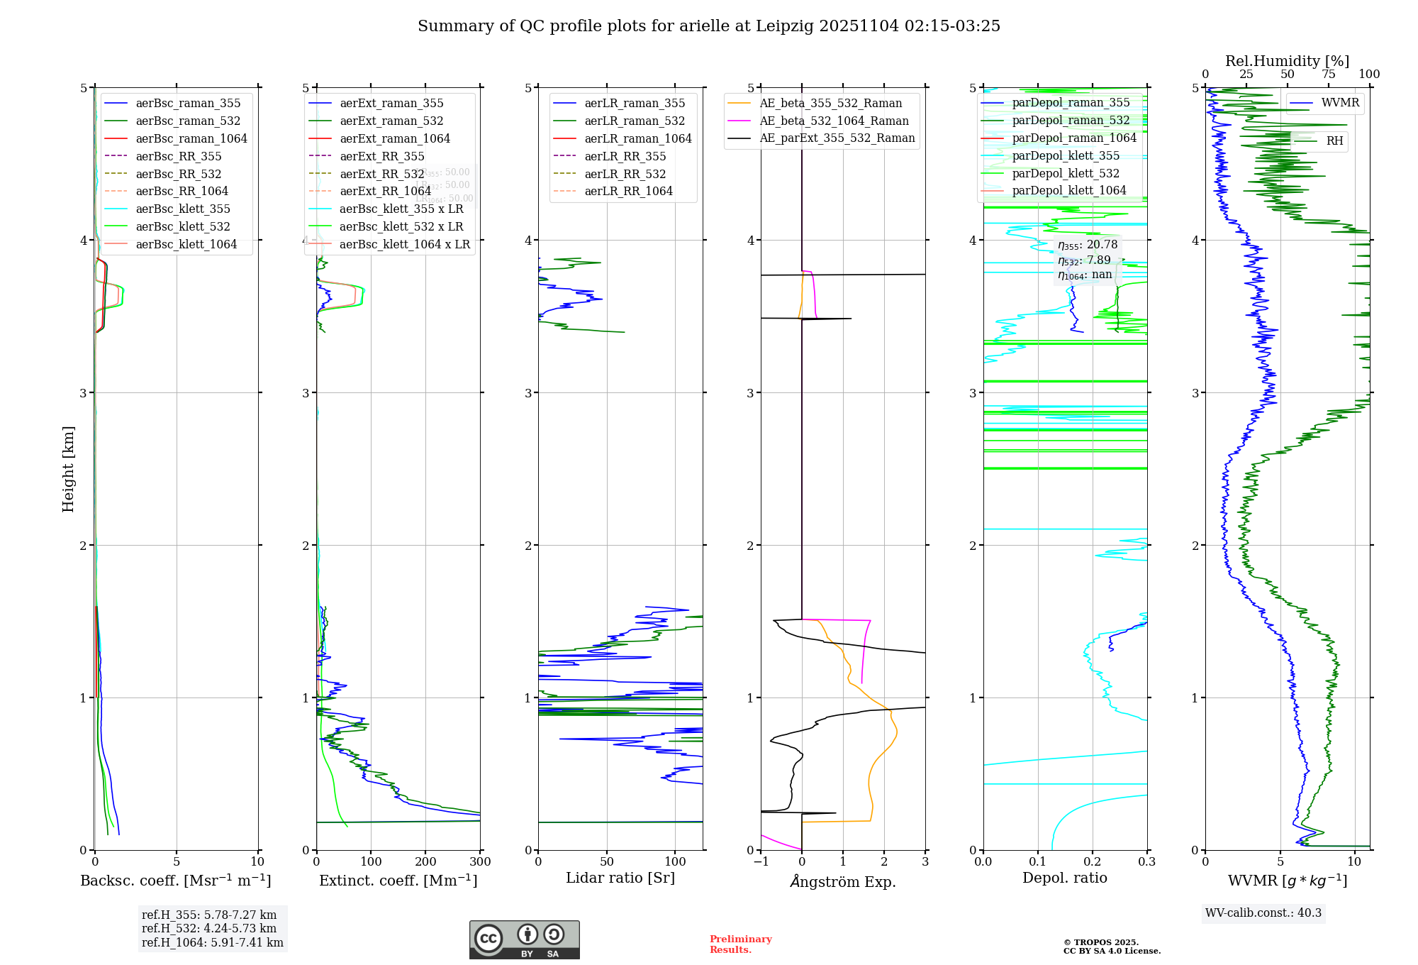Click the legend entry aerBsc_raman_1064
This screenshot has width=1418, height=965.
[x=191, y=138]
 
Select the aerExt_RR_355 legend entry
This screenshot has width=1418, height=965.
[x=381, y=156]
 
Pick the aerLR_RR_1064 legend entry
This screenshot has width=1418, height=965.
[x=628, y=191]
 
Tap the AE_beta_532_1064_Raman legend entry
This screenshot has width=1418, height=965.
[x=834, y=121]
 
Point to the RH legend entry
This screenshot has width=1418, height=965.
[x=1334, y=141]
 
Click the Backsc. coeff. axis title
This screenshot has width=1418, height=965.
[x=176, y=881]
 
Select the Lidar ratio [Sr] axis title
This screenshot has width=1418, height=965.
[x=620, y=878]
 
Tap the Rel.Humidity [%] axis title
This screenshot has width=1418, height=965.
[x=1287, y=61]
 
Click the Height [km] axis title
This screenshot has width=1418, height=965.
[x=68, y=469]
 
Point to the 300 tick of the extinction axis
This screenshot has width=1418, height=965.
[x=480, y=862]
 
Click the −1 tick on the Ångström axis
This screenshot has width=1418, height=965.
[x=761, y=862]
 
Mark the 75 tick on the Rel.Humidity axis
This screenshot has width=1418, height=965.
[x=1328, y=75]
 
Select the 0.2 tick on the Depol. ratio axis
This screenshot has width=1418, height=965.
[x=1093, y=862]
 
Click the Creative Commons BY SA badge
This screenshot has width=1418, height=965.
[x=524, y=940]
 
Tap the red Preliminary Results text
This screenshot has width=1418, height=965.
[x=740, y=944]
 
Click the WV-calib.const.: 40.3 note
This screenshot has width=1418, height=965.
[x=1263, y=913]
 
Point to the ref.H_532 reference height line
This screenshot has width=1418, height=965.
[x=209, y=929]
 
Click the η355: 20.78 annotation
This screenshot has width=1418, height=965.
[x=1088, y=245]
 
